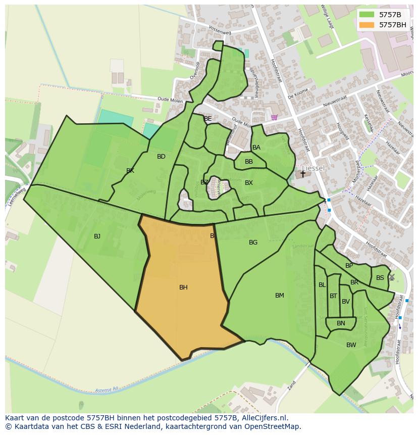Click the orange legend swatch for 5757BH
tap(367, 25)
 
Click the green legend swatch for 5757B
tap(367, 15)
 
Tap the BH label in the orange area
tap(183, 287)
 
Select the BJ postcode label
tap(97, 236)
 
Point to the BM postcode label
tap(279, 296)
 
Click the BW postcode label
tap(351, 345)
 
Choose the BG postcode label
tap(253, 243)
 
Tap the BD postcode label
tap(161, 157)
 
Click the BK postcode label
tap(130, 171)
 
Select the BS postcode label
tap(380, 278)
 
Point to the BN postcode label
tap(341, 323)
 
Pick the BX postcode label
tap(248, 183)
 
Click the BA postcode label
tap(256, 148)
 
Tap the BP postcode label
tap(349, 266)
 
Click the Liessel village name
tap(313, 168)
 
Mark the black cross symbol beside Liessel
tap(303, 174)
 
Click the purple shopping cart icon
tap(274, 117)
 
